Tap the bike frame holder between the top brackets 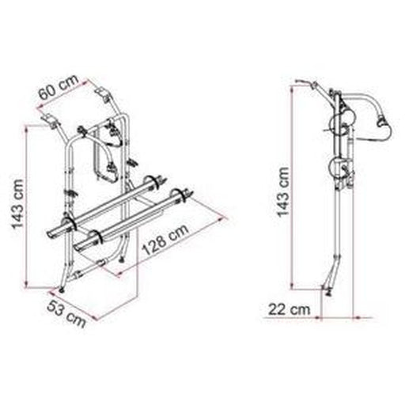click(x=106, y=150)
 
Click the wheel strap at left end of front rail click(x=93, y=237)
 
